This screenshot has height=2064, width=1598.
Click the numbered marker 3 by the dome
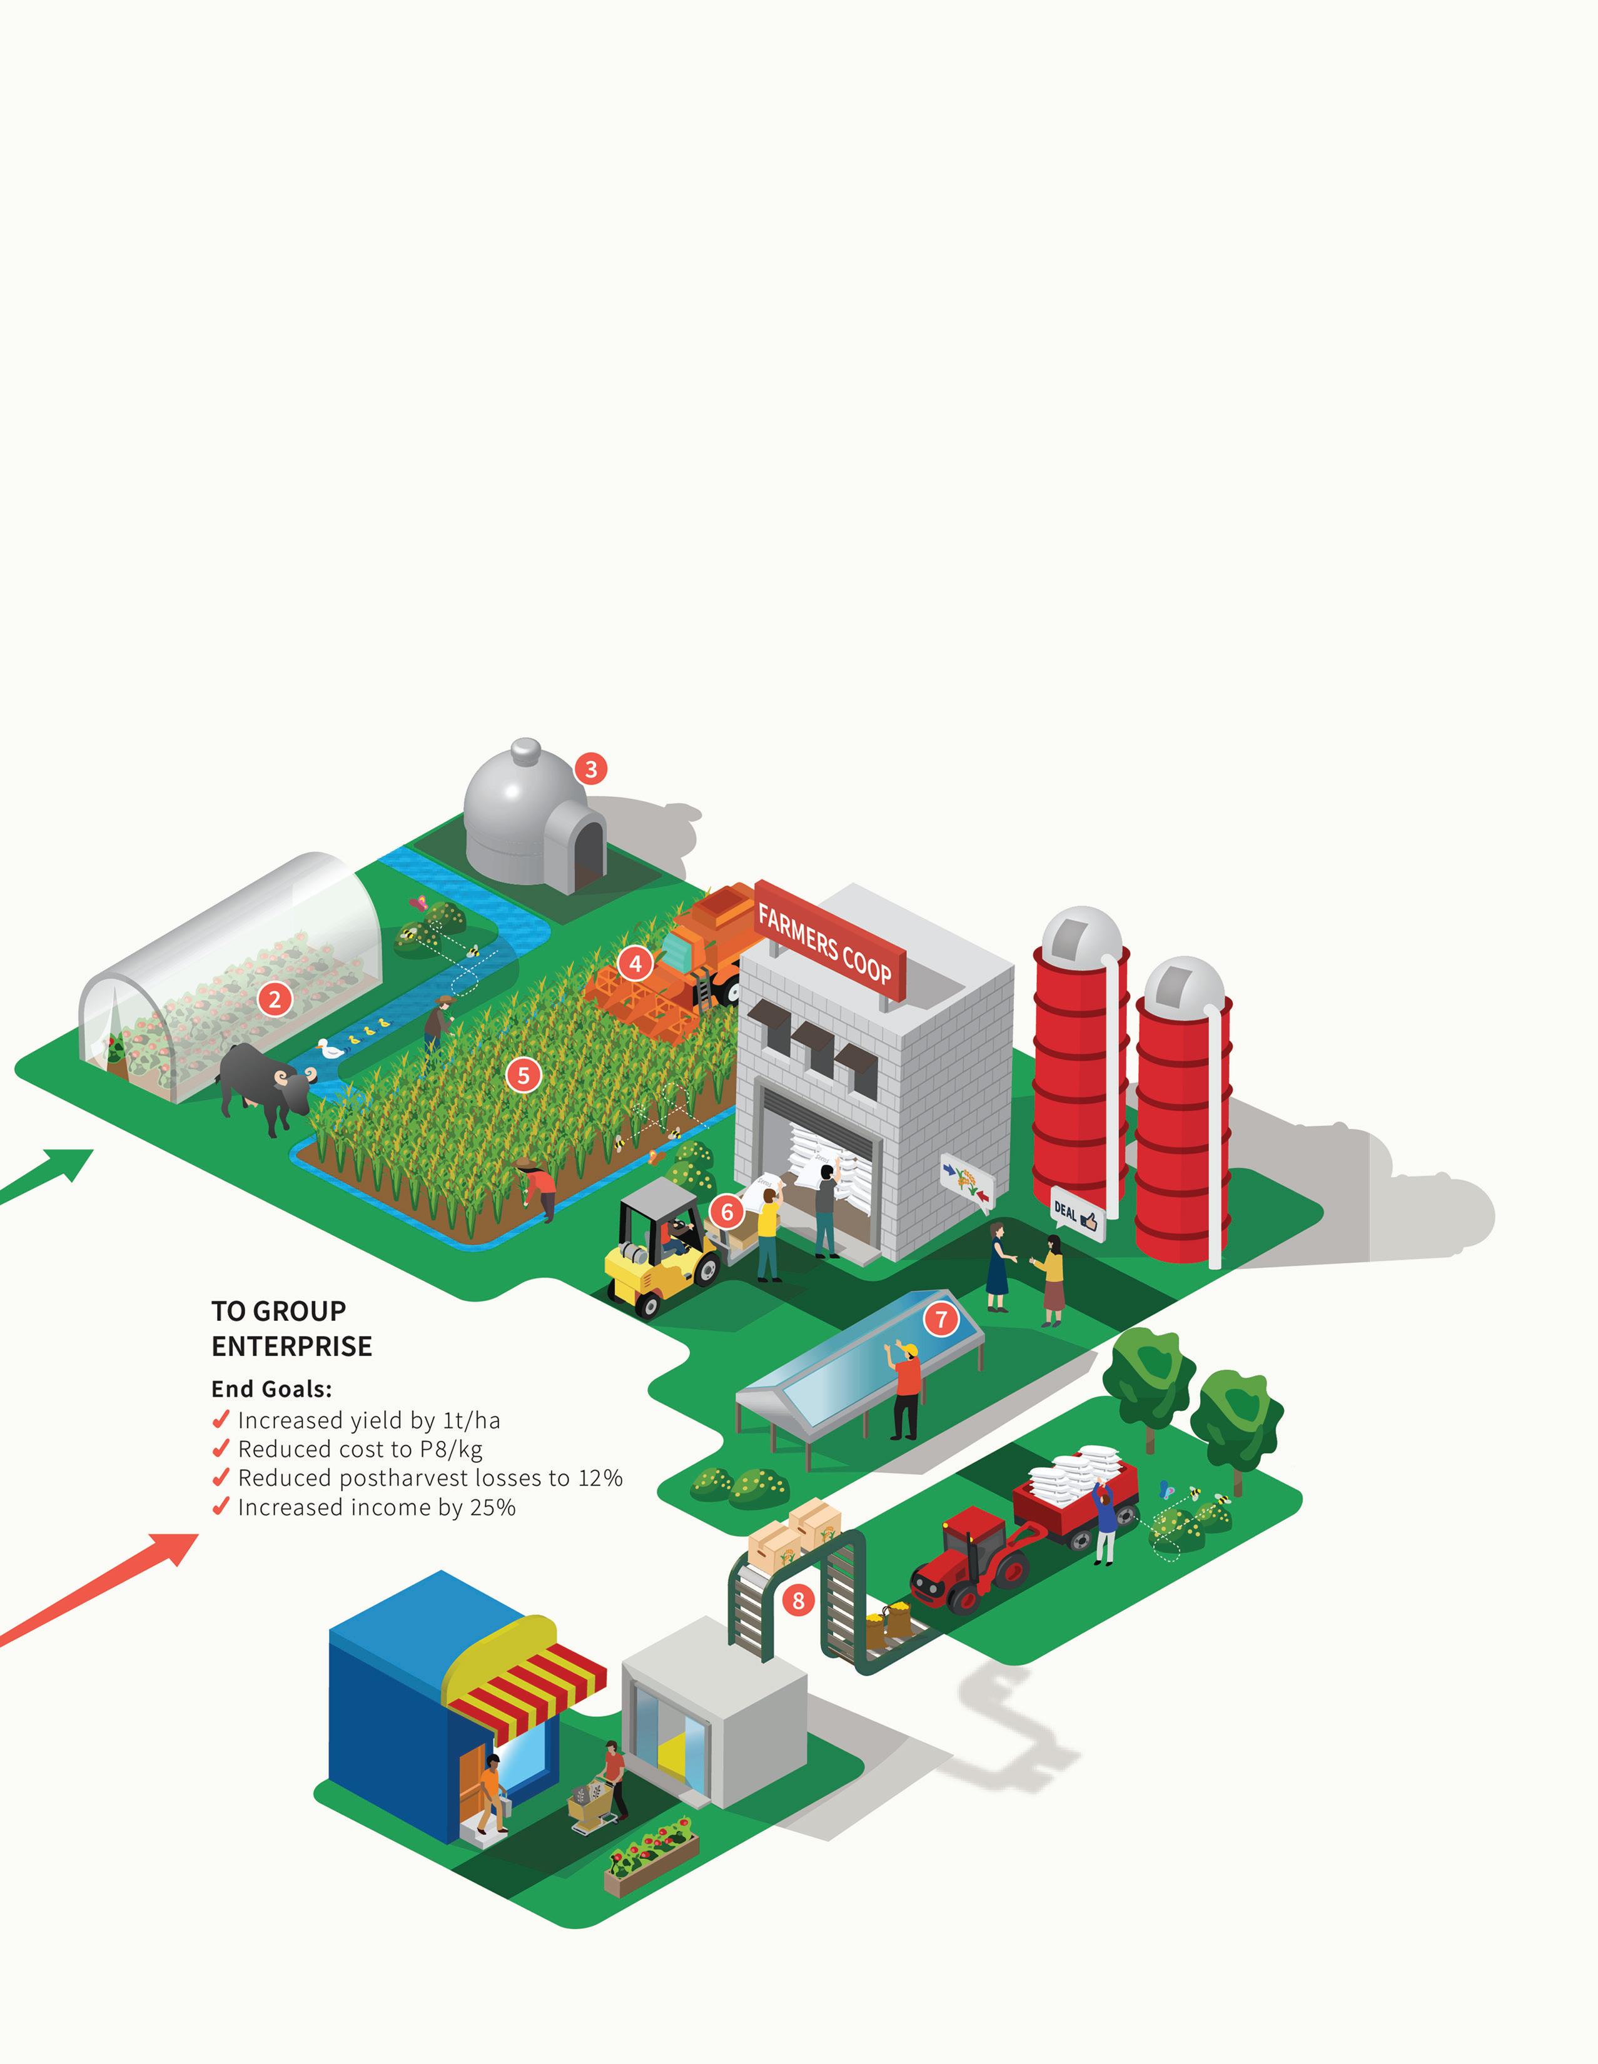point(590,769)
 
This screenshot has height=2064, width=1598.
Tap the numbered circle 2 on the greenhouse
point(275,999)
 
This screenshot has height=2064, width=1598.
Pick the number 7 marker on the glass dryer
point(941,1319)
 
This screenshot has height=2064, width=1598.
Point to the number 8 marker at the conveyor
point(799,1600)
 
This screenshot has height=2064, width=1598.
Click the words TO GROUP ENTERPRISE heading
point(291,1328)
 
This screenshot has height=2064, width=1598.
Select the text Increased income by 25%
point(376,1507)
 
